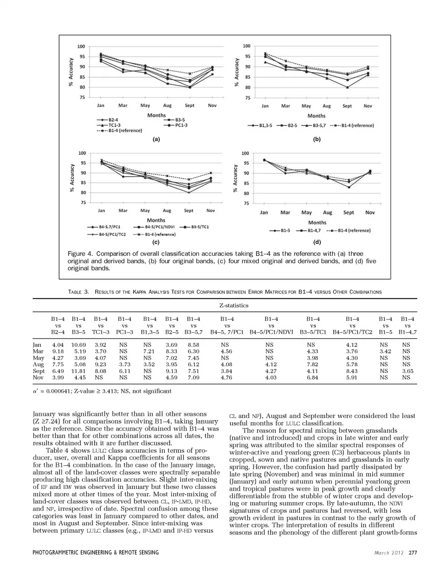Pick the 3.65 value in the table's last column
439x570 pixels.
(407, 371)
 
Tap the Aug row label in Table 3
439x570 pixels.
(37, 364)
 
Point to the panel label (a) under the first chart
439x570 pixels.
(156, 139)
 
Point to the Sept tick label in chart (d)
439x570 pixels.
(348, 212)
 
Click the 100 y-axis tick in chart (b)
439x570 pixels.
(246, 46)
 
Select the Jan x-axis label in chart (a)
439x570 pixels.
(101, 105)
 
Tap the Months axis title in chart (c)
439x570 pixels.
(156, 220)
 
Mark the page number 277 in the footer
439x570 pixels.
(413, 553)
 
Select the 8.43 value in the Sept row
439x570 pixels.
(352, 371)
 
